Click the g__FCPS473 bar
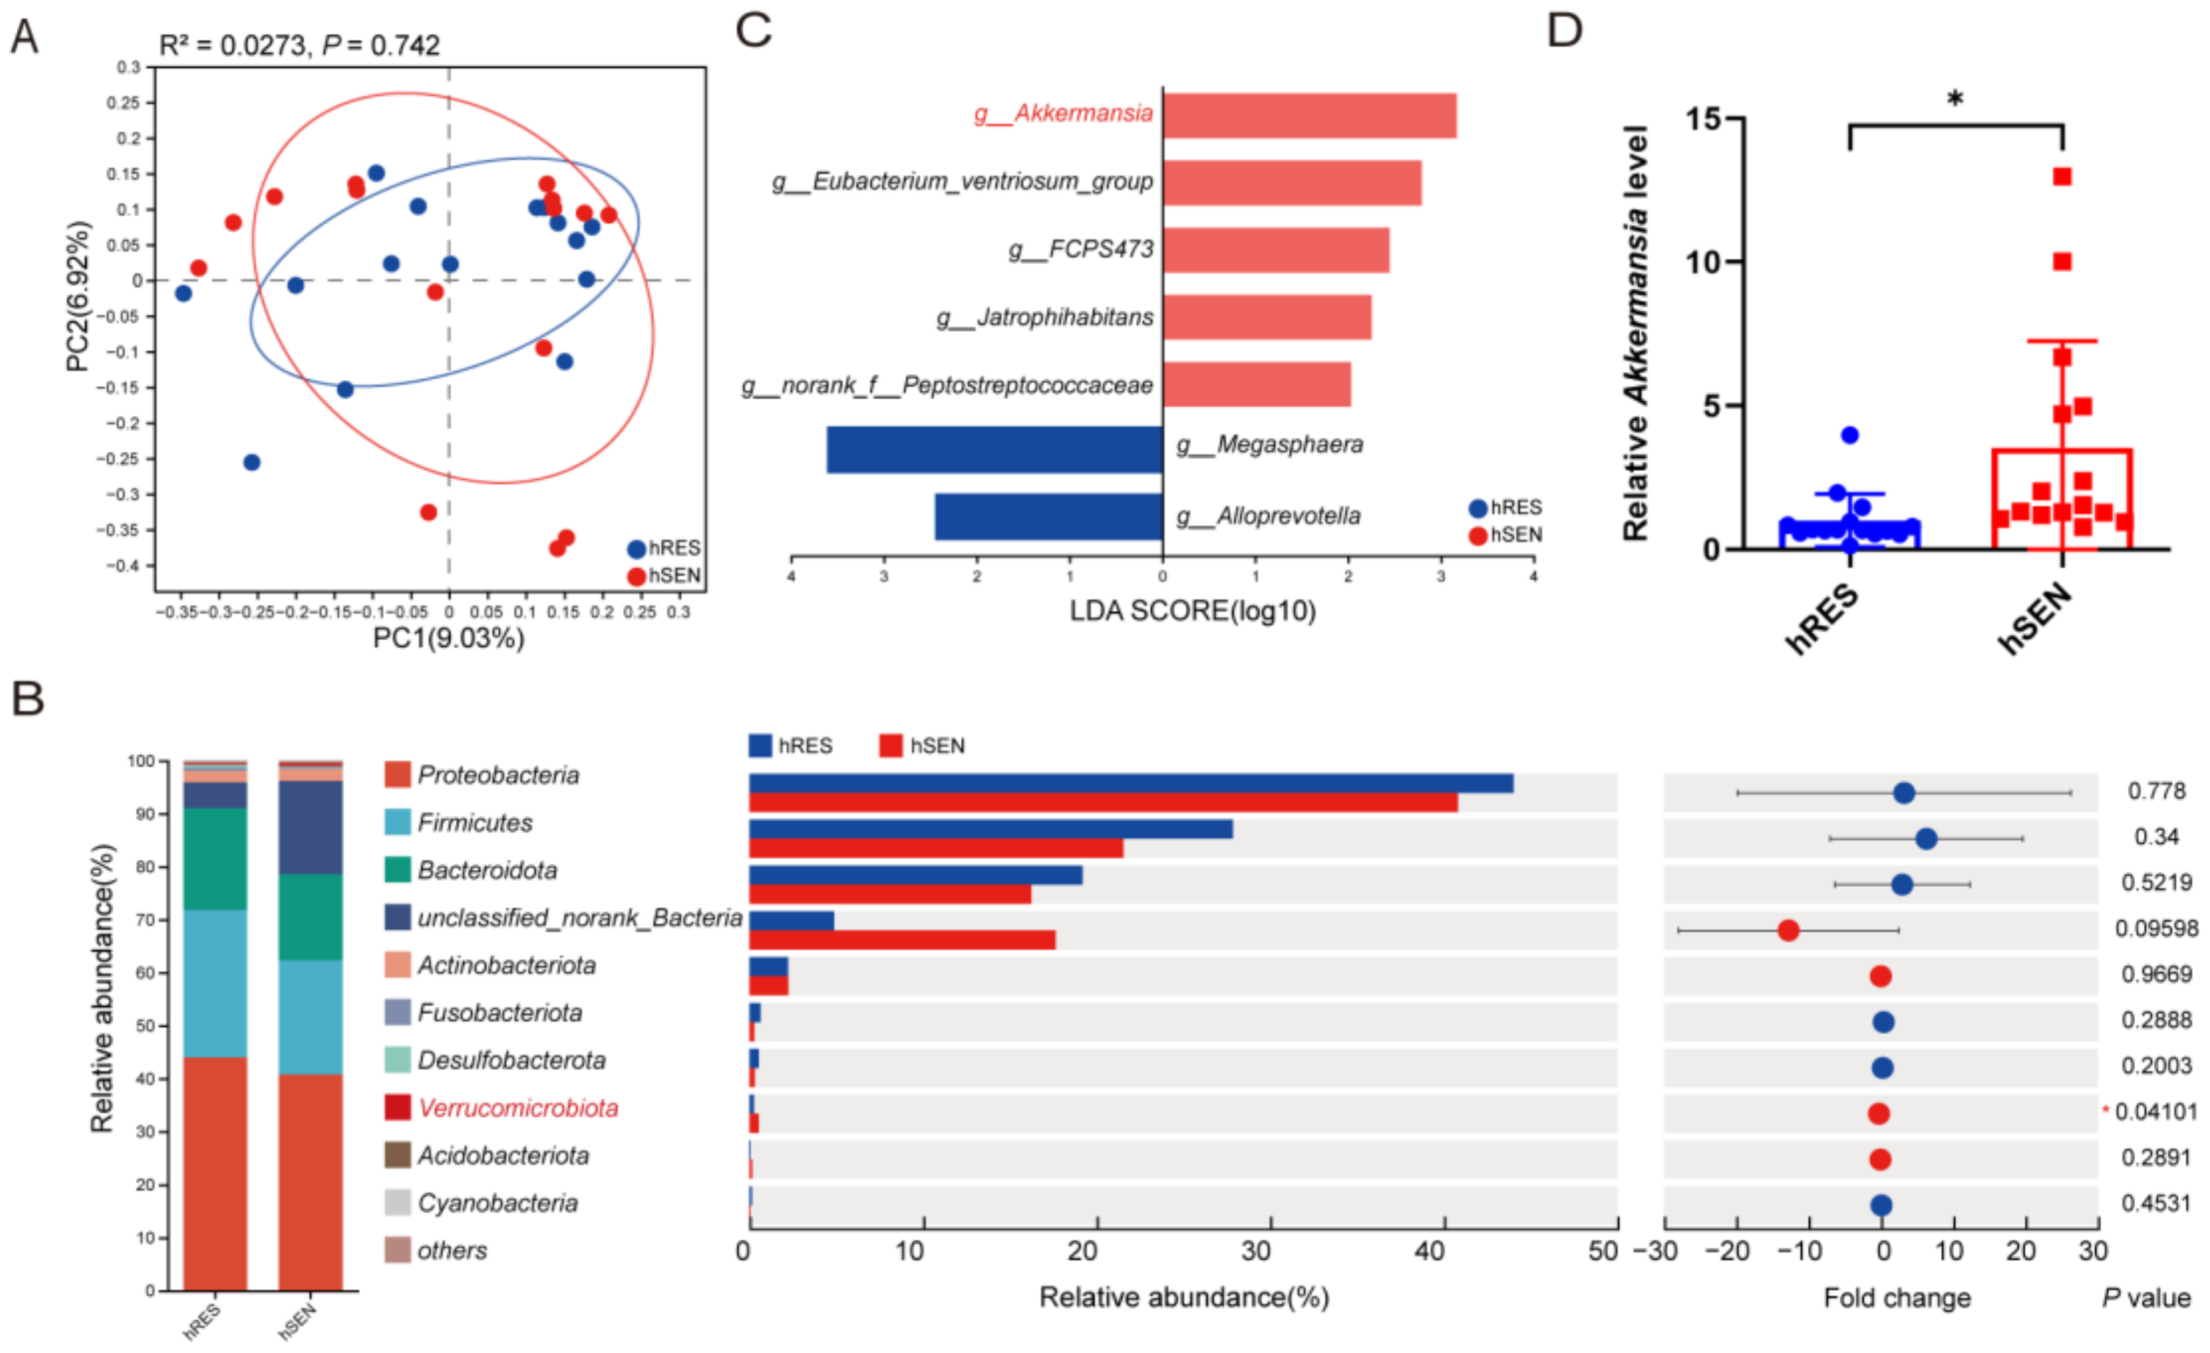[x=1275, y=250]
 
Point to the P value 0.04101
[x=2155, y=1112]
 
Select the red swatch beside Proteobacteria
[x=397, y=775]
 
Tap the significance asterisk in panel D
[x=1954, y=99]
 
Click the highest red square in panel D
[x=2062, y=177]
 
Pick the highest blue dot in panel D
[x=1850, y=435]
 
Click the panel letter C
[x=753, y=30]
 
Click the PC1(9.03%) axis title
[x=448, y=638]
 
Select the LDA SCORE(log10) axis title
[x=1192, y=611]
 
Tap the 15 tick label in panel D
[x=1703, y=119]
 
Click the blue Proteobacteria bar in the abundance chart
[x=1130, y=783]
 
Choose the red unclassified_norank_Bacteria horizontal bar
[x=902, y=940]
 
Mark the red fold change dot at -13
[x=1787, y=930]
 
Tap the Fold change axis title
[x=1896, y=1297]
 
